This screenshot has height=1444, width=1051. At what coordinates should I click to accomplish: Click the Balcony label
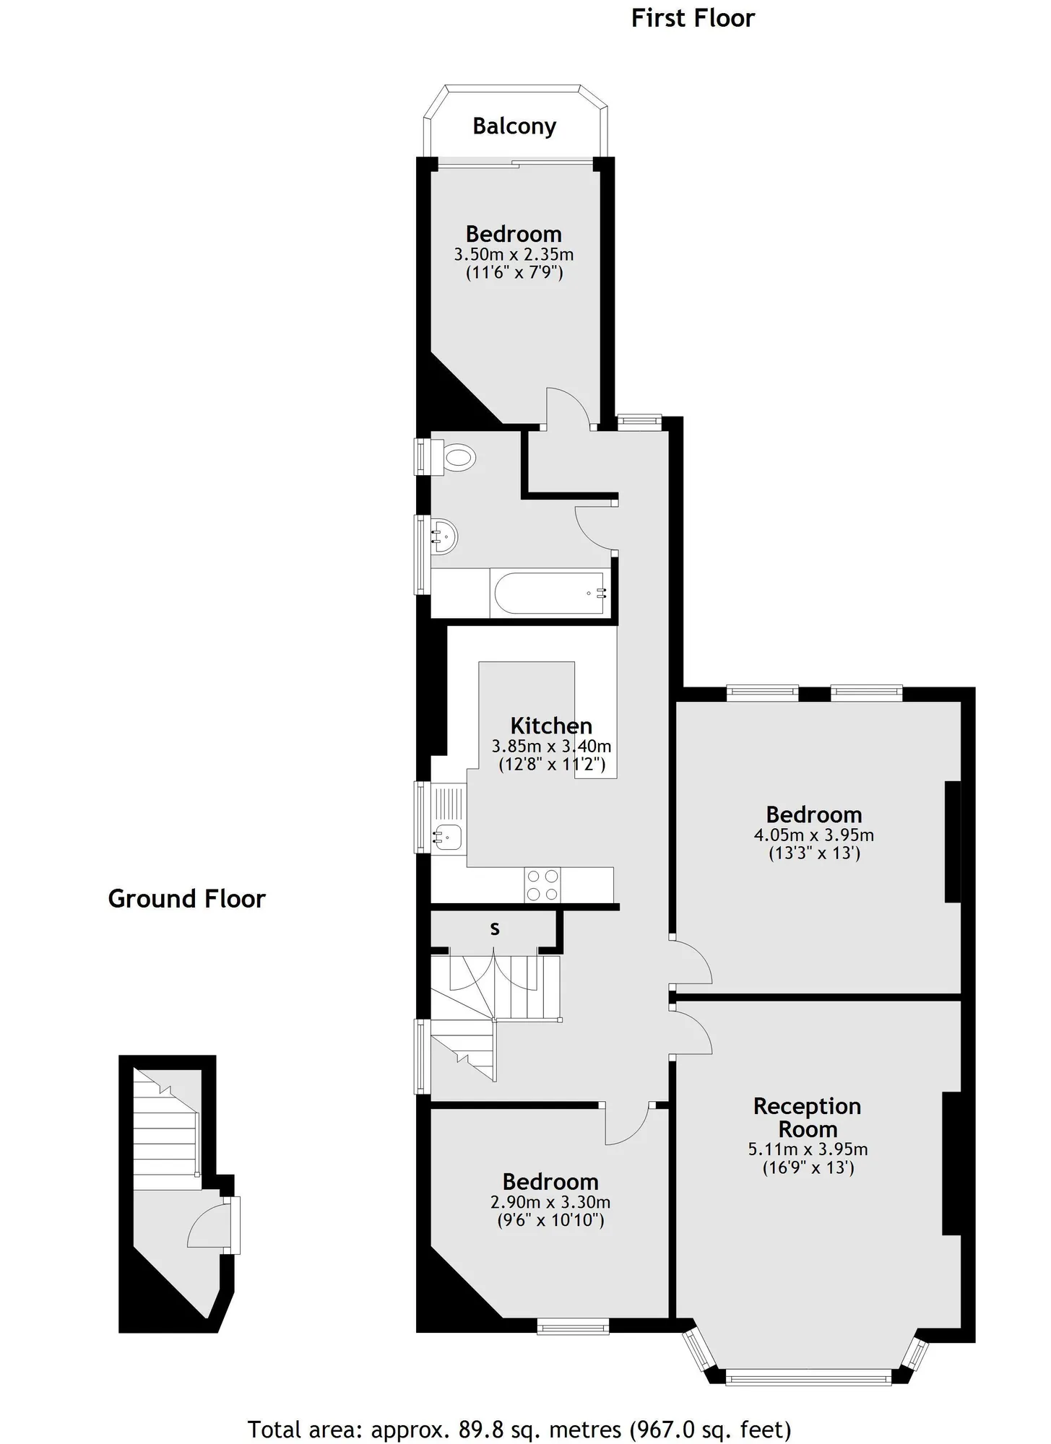click(514, 126)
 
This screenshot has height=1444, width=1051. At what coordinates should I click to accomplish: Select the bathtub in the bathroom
click(550, 593)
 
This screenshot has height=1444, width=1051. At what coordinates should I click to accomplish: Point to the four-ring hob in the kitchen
click(542, 884)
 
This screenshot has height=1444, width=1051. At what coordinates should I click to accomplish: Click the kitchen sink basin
click(448, 837)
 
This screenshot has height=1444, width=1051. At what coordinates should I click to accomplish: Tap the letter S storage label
click(495, 929)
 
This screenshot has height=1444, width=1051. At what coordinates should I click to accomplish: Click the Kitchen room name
click(551, 726)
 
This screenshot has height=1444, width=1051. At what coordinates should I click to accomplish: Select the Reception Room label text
click(808, 1117)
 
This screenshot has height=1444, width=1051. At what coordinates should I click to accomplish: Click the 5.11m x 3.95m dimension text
click(808, 1149)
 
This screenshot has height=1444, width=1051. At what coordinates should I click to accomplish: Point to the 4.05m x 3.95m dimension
click(814, 835)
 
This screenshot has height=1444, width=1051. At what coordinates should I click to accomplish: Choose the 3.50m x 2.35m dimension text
click(514, 254)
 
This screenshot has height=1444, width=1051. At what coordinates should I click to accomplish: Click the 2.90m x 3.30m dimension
click(550, 1202)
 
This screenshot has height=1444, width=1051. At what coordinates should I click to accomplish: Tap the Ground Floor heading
click(187, 899)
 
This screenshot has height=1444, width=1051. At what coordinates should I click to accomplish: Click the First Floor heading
click(693, 18)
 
